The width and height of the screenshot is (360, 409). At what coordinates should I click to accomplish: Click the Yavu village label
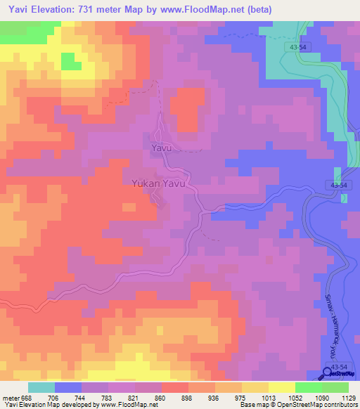(x=161, y=149)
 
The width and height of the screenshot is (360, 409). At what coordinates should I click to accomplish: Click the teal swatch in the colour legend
(x=41, y=387)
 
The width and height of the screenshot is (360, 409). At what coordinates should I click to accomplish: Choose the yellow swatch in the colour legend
(x=282, y=387)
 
